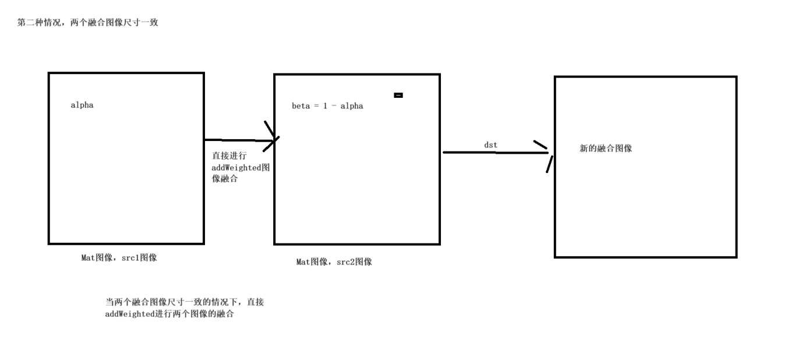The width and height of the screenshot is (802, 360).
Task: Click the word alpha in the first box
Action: point(82,105)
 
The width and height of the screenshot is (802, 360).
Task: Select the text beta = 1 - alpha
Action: point(327,106)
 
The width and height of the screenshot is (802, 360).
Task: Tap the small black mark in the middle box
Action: point(398,95)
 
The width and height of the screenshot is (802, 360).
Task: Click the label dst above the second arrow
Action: point(490,144)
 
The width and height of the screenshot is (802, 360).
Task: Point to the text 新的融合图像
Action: point(606,149)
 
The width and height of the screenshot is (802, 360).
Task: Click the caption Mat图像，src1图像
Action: point(119,257)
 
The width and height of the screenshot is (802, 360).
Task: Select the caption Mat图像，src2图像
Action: point(334,262)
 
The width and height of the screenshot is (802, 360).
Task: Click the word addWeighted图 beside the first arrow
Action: point(241,168)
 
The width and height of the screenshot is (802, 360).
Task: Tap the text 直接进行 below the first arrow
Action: point(229,156)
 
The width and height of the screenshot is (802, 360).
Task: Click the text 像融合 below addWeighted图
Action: point(225,179)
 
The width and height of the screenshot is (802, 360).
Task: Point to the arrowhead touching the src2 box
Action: point(273,138)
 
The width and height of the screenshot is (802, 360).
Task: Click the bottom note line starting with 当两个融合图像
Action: point(185,302)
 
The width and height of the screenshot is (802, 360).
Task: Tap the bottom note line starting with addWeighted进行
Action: point(169,315)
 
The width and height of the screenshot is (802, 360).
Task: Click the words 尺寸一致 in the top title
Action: point(140,23)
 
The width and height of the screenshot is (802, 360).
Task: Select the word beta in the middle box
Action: point(301,106)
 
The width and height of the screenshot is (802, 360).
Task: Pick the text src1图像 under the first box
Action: point(139,257)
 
